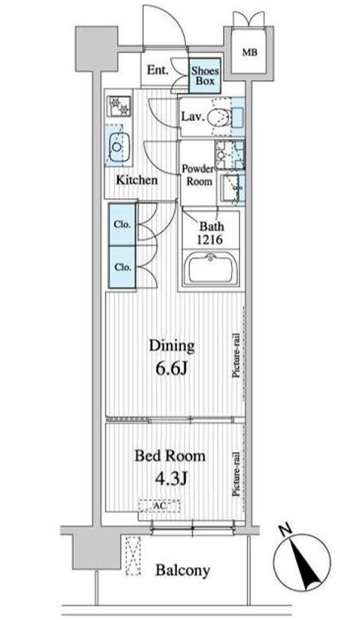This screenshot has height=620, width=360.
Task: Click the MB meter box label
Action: [x=249, y=52]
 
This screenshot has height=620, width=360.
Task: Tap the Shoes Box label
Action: [x=205, y=76]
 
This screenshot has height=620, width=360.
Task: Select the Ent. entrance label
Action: [x=158, y=71]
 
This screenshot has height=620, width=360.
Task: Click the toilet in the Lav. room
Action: [x=219, y=117]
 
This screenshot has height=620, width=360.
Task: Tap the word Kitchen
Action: [x=136, y=180]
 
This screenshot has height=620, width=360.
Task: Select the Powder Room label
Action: [x=198, y=175]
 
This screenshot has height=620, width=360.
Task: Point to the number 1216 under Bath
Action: [x=210, y=239]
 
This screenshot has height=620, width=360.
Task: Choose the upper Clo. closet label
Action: [x=122, y=225]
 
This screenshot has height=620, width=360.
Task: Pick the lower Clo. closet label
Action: [x=122, y=268]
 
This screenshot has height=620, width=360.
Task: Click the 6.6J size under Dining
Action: [x=171, y=369]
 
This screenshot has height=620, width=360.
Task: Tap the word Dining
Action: [x=172, y=346]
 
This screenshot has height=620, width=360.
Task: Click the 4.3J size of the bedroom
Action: [x=171, y=479]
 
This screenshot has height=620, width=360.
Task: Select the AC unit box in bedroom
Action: [x=159, y=506]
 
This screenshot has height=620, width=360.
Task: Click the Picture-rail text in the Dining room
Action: [x=237, y=355]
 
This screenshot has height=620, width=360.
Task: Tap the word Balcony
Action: [x=182, y=571]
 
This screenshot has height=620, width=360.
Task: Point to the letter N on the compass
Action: [x=285, y=530]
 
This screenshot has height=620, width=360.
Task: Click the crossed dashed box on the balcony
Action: [x=133, y=555]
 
